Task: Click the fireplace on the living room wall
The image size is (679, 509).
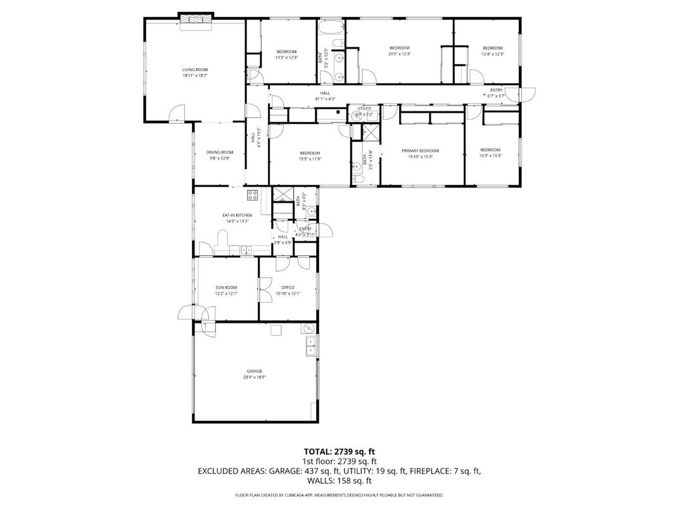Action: pyautogui.click(x=195, y=20)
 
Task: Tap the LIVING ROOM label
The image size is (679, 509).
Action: pyautogui.click(x=195, y=70)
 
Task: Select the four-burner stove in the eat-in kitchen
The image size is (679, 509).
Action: pyautogui.click(x=252, y=195)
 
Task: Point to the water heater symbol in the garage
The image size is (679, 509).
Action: pyautogui.click(x=308, y=327)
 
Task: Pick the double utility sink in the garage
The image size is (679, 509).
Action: pyautogui.click(x=310, y=346)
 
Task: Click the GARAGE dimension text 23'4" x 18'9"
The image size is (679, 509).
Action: pyautogui.click(x=255, y=377)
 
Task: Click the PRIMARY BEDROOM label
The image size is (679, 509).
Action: pyautogui.click(x=420, y=151)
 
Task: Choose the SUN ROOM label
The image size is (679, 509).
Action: pyautogui.click(x=226, y=287)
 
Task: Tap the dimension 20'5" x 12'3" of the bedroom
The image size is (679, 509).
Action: pyautogui.click(x=399, y=54)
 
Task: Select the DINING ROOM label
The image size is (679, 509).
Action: pyautogui.click(x=219, y=152)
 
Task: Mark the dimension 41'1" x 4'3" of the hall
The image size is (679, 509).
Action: pyautogui.click(x=324, y=99)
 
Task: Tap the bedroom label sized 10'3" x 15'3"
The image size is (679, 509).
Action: pyautogui.click(x=490, y=150)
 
